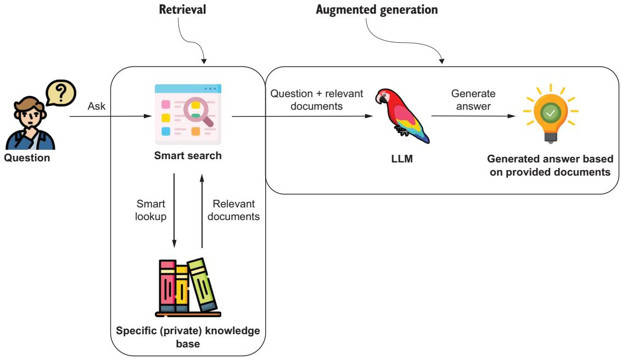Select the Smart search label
coord(188,155)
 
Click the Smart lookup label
coord(147,210)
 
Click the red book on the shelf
coord(167,286)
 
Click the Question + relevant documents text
coord(317,99)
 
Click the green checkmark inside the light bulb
coord(550,113)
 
